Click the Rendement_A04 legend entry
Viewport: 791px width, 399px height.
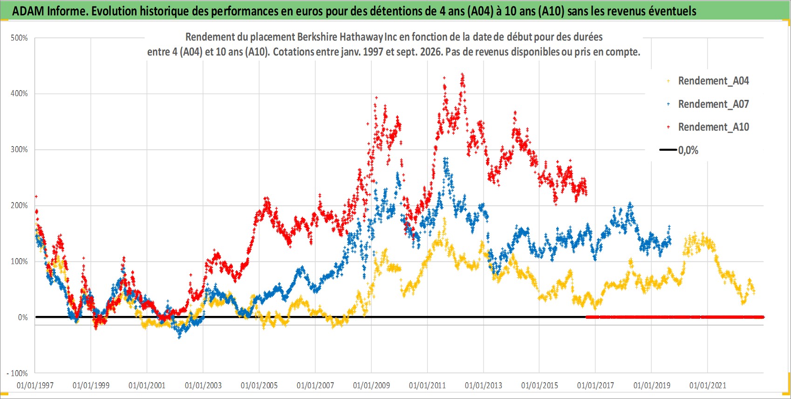point(708,81)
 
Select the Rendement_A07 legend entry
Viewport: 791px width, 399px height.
point(708,105)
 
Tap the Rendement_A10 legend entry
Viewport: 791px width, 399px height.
point(708,127)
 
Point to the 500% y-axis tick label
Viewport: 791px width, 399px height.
point(19,38)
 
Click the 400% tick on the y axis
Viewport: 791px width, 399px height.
point(19,93)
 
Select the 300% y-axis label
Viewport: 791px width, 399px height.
point(19,149)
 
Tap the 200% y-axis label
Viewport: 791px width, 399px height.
point(19,205)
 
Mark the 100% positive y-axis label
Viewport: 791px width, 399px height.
point(19,261)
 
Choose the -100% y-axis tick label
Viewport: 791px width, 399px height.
point(17,373)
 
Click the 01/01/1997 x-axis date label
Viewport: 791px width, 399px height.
point(35,385)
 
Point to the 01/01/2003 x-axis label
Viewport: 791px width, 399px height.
point(203,385)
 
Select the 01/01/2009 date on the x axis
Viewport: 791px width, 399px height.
point(371,385)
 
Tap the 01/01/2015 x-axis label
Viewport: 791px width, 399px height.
point(539,385)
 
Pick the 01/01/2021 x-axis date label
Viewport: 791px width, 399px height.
point(708,385)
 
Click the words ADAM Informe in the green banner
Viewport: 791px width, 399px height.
point(49,11)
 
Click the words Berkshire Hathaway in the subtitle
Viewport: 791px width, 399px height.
point(340,37)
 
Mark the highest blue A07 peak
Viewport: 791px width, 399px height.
point(445,159)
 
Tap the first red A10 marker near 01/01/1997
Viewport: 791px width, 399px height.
point(36,196)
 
